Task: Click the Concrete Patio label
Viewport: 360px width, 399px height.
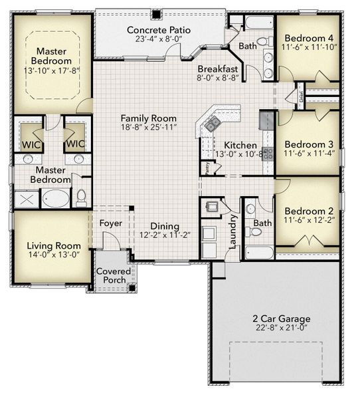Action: [158, 30]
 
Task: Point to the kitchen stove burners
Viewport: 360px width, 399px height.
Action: [268, 153]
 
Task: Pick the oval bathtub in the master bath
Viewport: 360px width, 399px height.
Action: [56, 199]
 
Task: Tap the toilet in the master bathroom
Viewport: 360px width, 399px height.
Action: [81, 198]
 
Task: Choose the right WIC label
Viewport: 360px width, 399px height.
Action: [74, 144]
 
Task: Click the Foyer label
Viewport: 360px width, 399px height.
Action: [110, 223]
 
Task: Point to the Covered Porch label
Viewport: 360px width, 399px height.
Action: [113, 276]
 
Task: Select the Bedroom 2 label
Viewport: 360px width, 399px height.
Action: [309, 209]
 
